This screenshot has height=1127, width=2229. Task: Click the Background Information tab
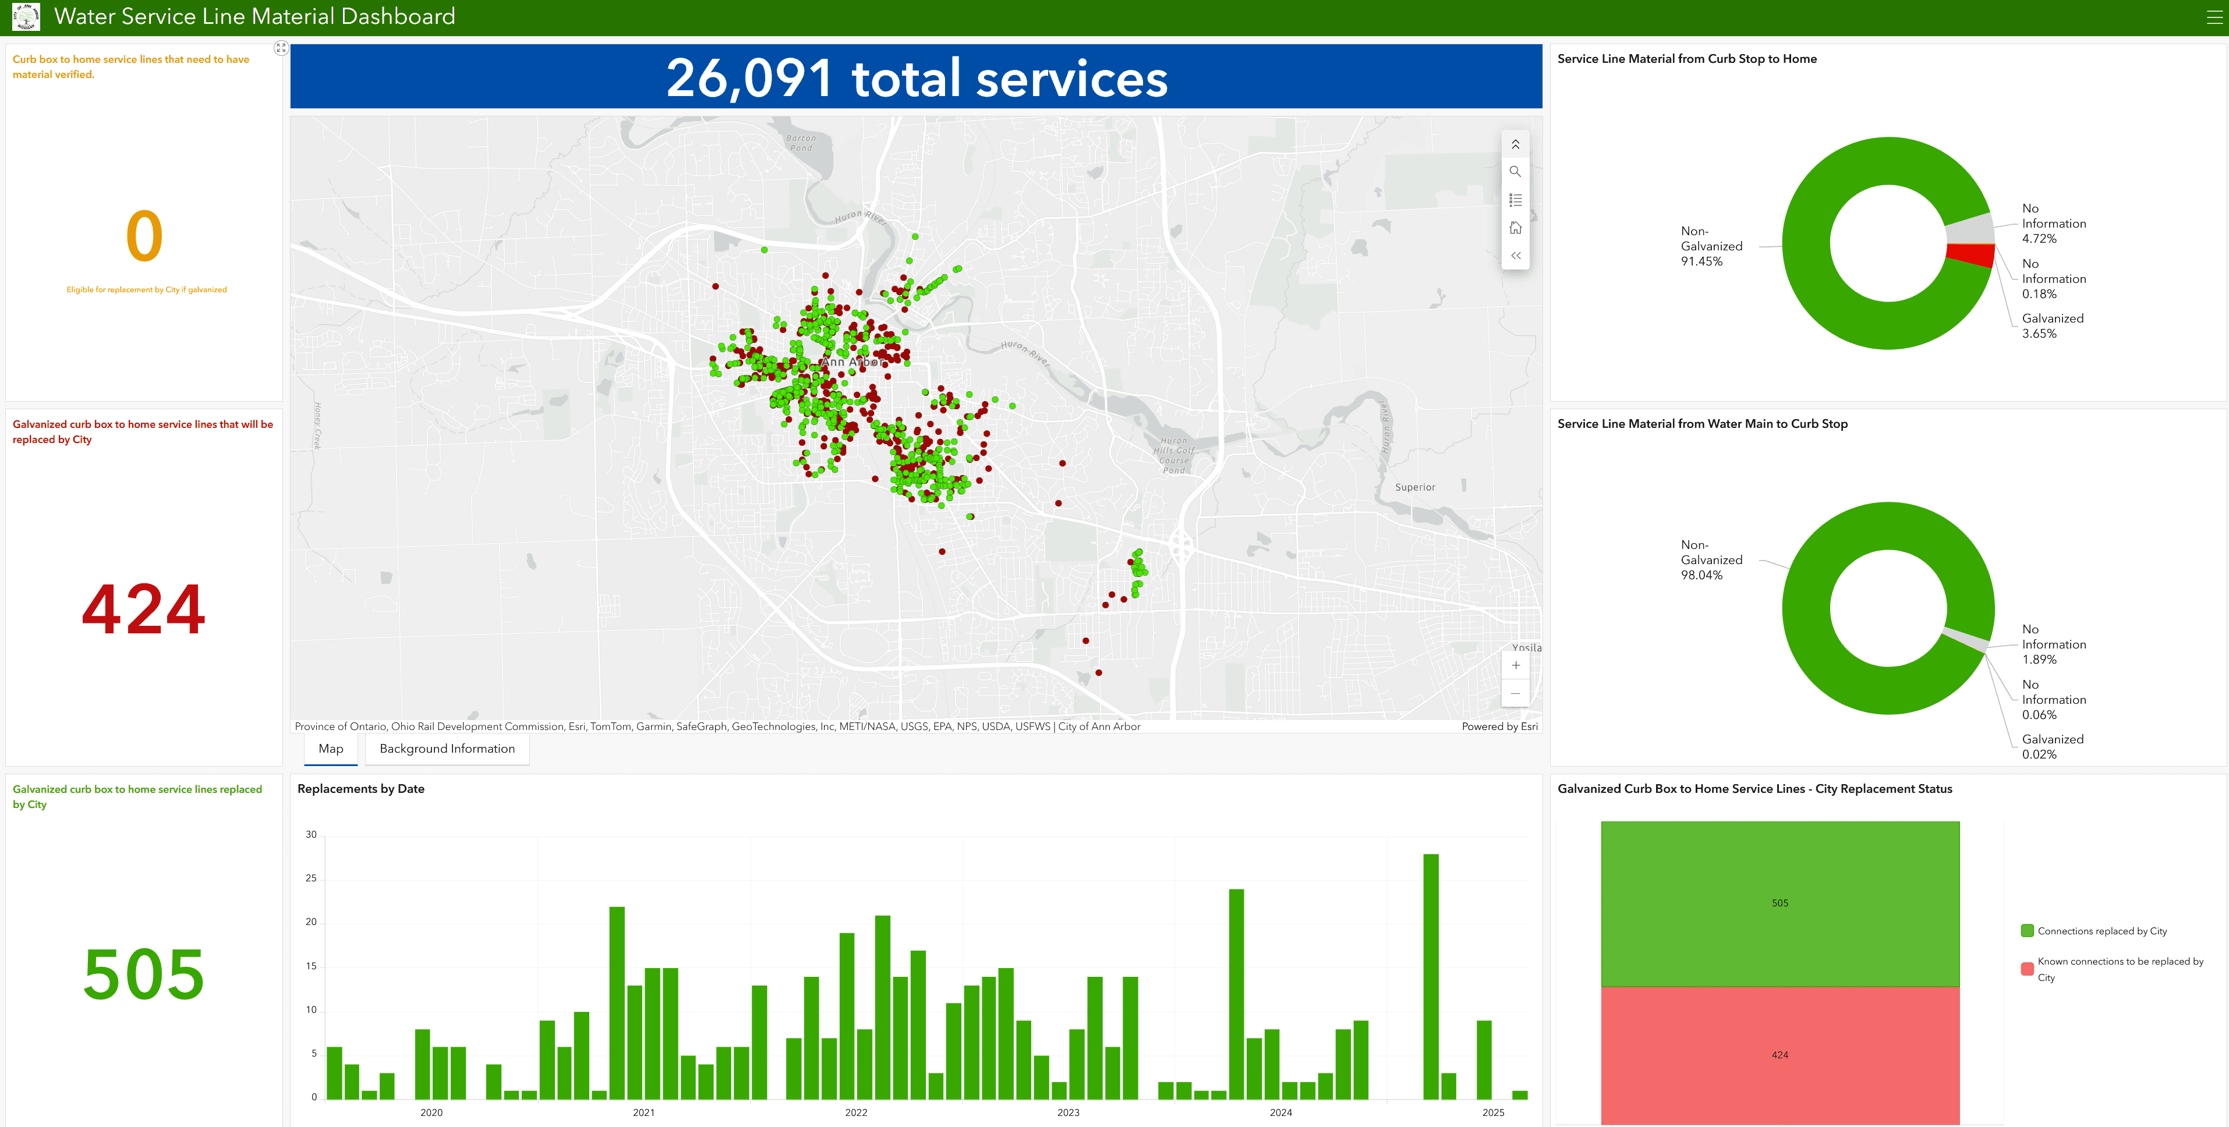[x=447, y=749]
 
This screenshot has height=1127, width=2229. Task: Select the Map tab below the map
[x=331, y=749]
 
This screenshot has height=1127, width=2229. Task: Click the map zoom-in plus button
[x=1515, y=665]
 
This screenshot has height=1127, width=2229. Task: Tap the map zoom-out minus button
[x=1515, y=694]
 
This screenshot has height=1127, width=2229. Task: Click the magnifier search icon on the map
[x=1515, y=171]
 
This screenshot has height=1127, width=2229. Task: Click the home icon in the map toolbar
[x=1515, y=228]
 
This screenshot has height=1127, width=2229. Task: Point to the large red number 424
[x=144, y=609]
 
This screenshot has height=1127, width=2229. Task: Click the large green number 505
[x=144, y=974]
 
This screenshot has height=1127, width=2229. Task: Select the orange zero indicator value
[x=144, y=236]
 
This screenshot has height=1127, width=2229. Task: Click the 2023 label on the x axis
[x=1068, y=1112]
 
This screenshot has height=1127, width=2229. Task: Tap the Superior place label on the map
[x=1415, y=488]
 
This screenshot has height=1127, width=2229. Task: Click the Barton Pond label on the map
[x=801, y=143]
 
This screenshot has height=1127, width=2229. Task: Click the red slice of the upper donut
[x=1971, y=255]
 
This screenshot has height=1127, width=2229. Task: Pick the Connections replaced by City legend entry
[x=2101, y=931]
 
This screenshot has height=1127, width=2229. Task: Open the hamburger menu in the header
[x=2213, y=17]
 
